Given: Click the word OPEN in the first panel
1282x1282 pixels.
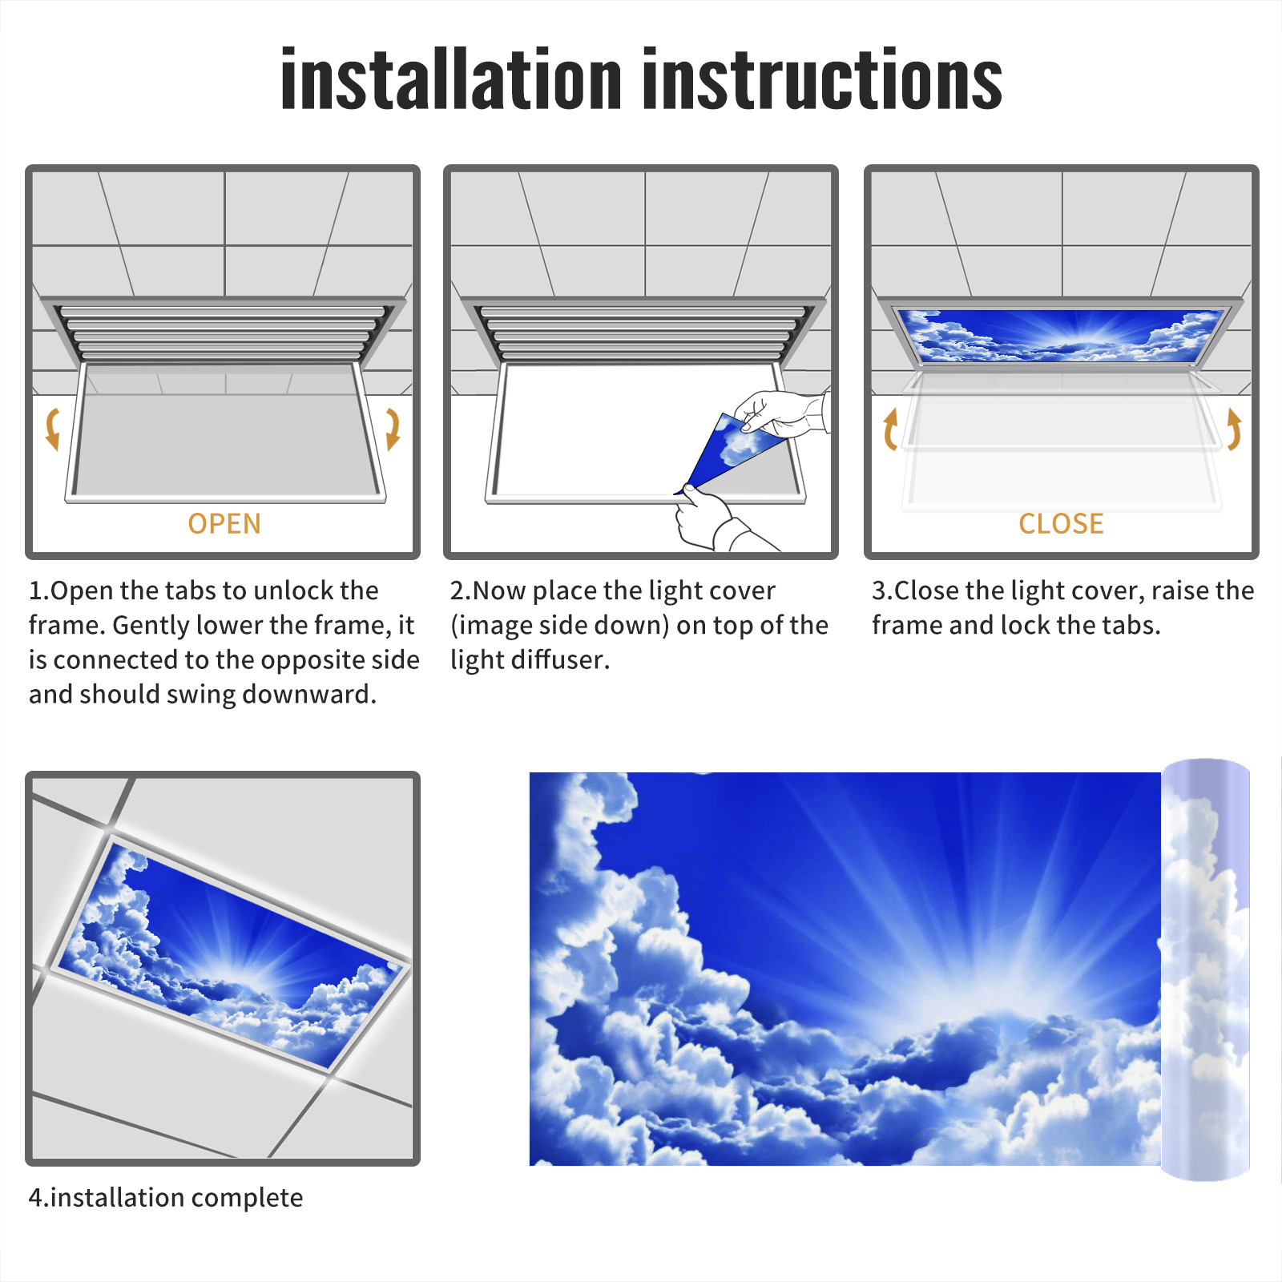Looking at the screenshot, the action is [x=224, y=524].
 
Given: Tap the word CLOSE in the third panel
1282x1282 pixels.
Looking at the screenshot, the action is [x=1061, y=524].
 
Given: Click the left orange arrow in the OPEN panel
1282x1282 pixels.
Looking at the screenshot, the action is [x=53, y=429].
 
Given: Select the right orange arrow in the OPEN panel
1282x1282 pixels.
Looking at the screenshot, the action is [x=393, y=429].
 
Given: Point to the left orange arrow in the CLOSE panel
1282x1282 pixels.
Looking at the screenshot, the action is [x=890, y=429].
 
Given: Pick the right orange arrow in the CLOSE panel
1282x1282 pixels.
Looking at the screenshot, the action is [x=1234, y=429].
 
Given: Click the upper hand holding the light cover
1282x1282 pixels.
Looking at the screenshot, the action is [x=781, y=414].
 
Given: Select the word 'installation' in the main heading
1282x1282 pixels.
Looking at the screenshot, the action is [x=451, y=79].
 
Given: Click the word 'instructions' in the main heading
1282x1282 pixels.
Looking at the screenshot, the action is [x=822, y=79].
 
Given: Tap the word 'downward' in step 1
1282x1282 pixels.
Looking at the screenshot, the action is [x=308, y=694].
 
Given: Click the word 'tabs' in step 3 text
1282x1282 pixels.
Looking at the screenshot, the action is [x=1129, y=625].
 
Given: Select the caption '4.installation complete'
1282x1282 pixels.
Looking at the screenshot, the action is [x=166, y=1197].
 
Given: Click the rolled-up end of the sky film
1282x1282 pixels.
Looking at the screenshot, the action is [x=1206, y=970].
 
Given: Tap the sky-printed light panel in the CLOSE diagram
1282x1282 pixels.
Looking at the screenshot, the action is [x=1061, y=335].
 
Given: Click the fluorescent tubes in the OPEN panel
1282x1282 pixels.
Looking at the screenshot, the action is [x=224, y=333].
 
